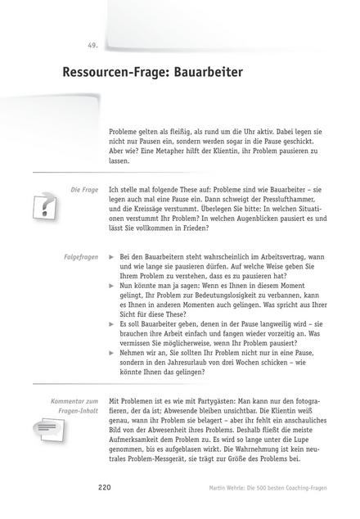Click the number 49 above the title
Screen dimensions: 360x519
coord(92,44)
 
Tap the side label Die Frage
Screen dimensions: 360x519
coord(85,189)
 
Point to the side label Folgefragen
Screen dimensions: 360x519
coord(81,256)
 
